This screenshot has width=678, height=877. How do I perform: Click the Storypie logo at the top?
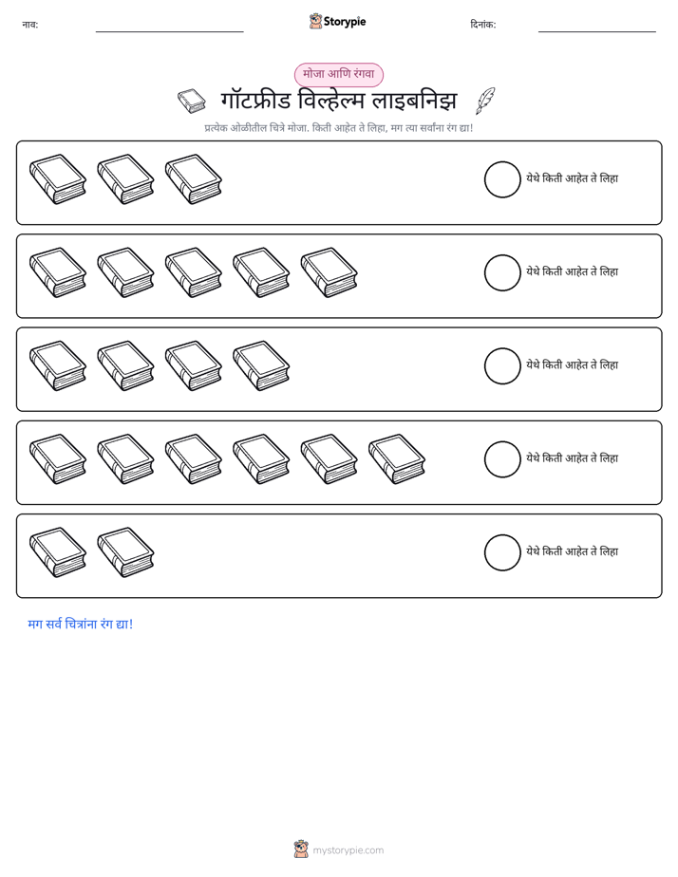pos(337,21)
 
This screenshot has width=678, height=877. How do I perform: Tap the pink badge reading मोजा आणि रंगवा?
pos(338,74)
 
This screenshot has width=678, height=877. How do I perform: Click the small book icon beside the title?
pos(192,101)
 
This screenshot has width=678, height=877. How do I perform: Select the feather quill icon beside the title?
pos(485,101)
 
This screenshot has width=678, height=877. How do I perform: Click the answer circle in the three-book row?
pos(502,179)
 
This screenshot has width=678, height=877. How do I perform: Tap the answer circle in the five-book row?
pos(502,273)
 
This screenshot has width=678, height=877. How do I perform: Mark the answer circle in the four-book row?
pos(502,365)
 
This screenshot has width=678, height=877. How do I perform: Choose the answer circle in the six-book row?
pos(502,459)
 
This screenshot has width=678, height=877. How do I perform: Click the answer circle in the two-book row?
pos(502,552)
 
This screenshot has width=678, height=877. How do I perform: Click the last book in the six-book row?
pos(397,458)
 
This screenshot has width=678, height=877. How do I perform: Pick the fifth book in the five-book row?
pos(329,272)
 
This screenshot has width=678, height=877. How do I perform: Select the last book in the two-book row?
pos(125,552)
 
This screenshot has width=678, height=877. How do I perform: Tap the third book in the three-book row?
pos(194,179)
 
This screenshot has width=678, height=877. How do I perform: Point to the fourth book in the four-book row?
pos(261,365)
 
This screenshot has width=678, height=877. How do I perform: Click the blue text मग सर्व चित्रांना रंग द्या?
pos(81,624)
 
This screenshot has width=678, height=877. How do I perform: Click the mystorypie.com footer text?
pos(348,850)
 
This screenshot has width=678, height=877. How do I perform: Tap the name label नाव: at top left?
pos(30,25)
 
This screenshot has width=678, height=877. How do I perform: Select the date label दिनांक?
pos(483,25)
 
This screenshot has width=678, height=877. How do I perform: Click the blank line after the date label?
pos(597,32)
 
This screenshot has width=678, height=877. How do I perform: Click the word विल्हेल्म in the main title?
pos(331,101)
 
